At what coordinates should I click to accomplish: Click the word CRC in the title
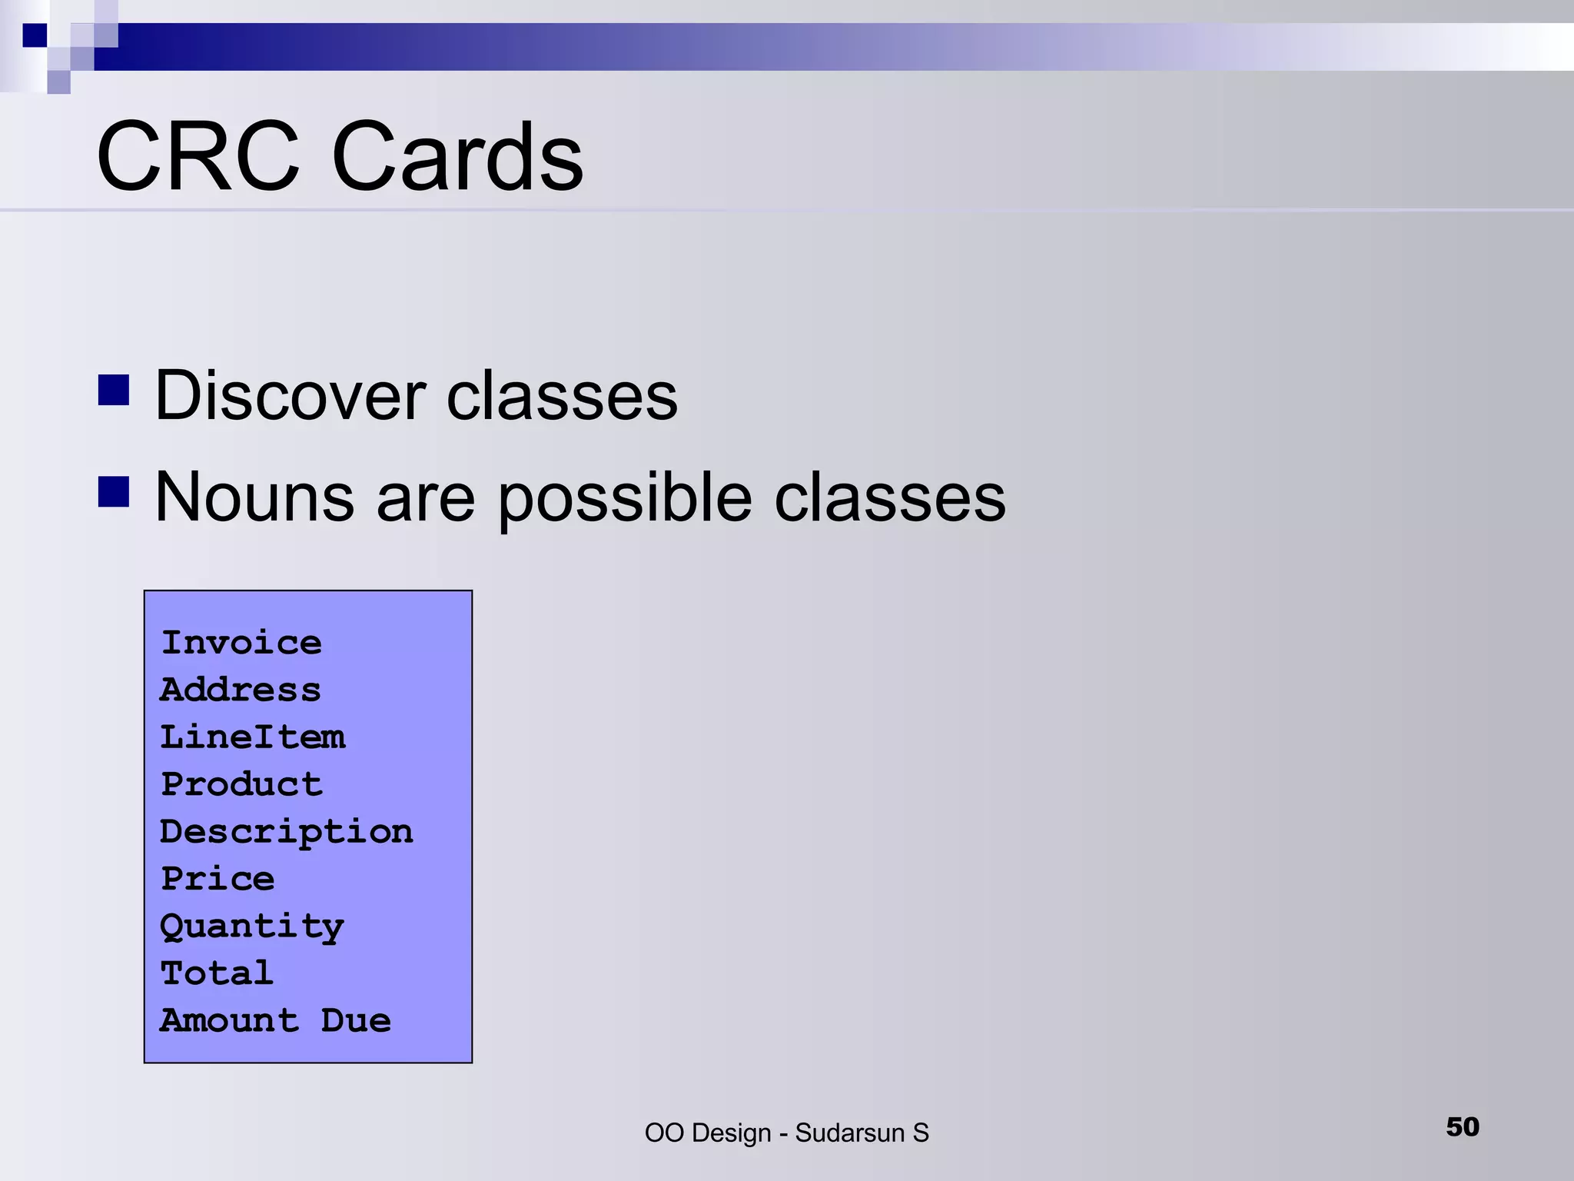point(198,157)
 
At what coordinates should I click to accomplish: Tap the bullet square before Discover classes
point(114,390)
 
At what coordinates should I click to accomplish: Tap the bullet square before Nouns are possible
point(114,492)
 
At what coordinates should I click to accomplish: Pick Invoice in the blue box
point(241,643)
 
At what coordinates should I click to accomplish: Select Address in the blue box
point(240,690)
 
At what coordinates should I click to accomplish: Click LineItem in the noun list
point(252,737)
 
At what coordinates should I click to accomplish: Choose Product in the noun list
point(241,784)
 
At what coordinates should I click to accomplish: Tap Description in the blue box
point(286,832)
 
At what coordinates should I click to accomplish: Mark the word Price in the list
point(218,879)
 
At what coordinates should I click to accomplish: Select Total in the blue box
point(217,973)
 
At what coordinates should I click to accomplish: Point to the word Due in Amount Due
point(356,1021)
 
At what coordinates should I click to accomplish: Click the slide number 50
point(1462,1127)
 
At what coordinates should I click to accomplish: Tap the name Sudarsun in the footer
point(849,1133)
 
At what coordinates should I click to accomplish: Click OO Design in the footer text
point(707,1133)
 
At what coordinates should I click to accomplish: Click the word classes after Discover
point(562,396)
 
